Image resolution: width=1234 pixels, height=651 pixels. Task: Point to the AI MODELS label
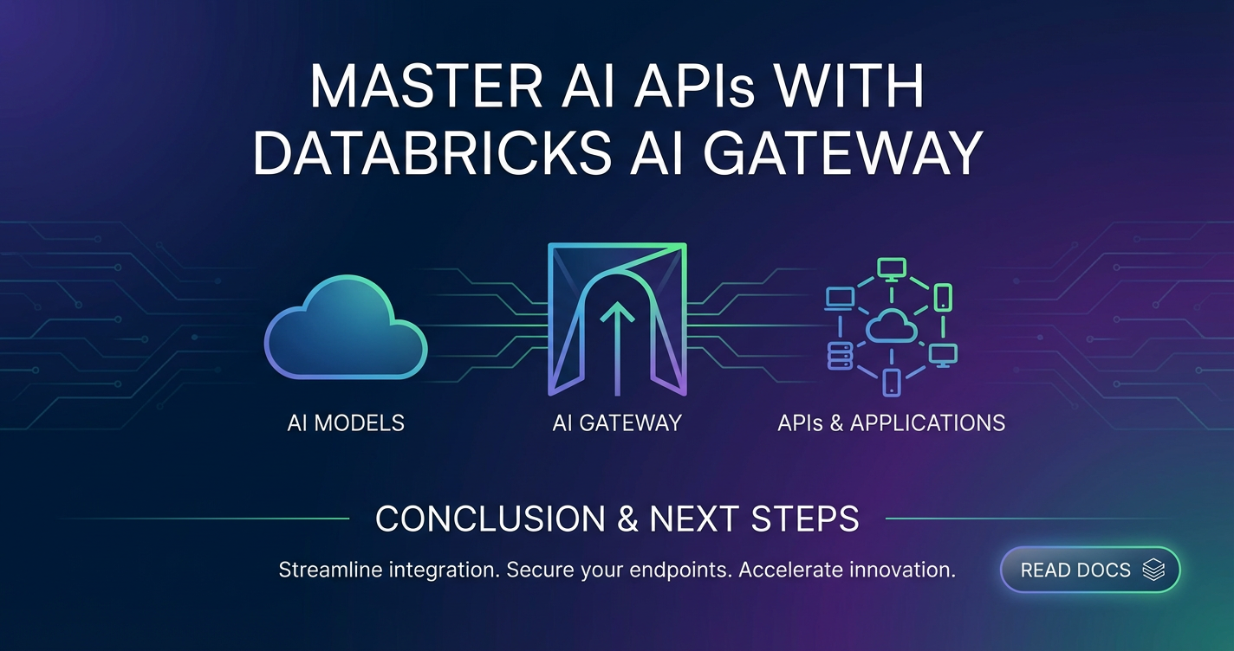[x=346, y=423]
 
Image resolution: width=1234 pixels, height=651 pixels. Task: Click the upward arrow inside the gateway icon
[x=617, y=347]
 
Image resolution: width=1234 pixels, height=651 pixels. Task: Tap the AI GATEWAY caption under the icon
[x=617, y=423]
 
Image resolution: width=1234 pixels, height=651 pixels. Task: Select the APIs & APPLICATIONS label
[x=891, y=423]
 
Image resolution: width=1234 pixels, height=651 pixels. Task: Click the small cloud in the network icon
[x=891, y=326]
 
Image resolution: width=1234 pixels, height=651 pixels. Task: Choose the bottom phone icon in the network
[x=891, y=382]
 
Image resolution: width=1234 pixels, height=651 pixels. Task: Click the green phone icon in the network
[x=943, y=298]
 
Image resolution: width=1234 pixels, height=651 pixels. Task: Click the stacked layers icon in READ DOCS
[x=1153, y=570]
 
